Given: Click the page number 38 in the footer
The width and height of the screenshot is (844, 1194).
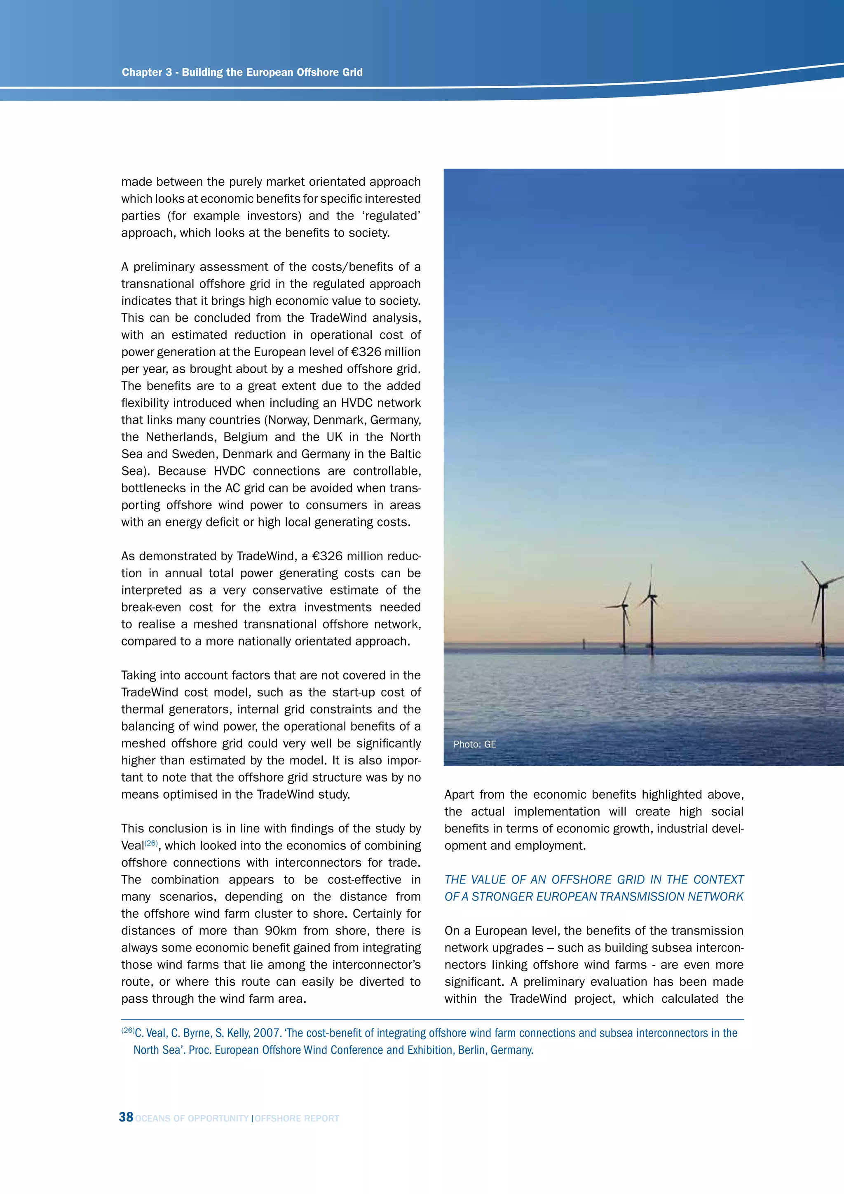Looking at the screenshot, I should point(126,1117).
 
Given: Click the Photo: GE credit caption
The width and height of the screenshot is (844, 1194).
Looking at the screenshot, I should point(474,744).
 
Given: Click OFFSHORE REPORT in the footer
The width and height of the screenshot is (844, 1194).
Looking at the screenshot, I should point(297,1119).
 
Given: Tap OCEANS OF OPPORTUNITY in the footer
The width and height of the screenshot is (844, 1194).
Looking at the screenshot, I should point(192,1119).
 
